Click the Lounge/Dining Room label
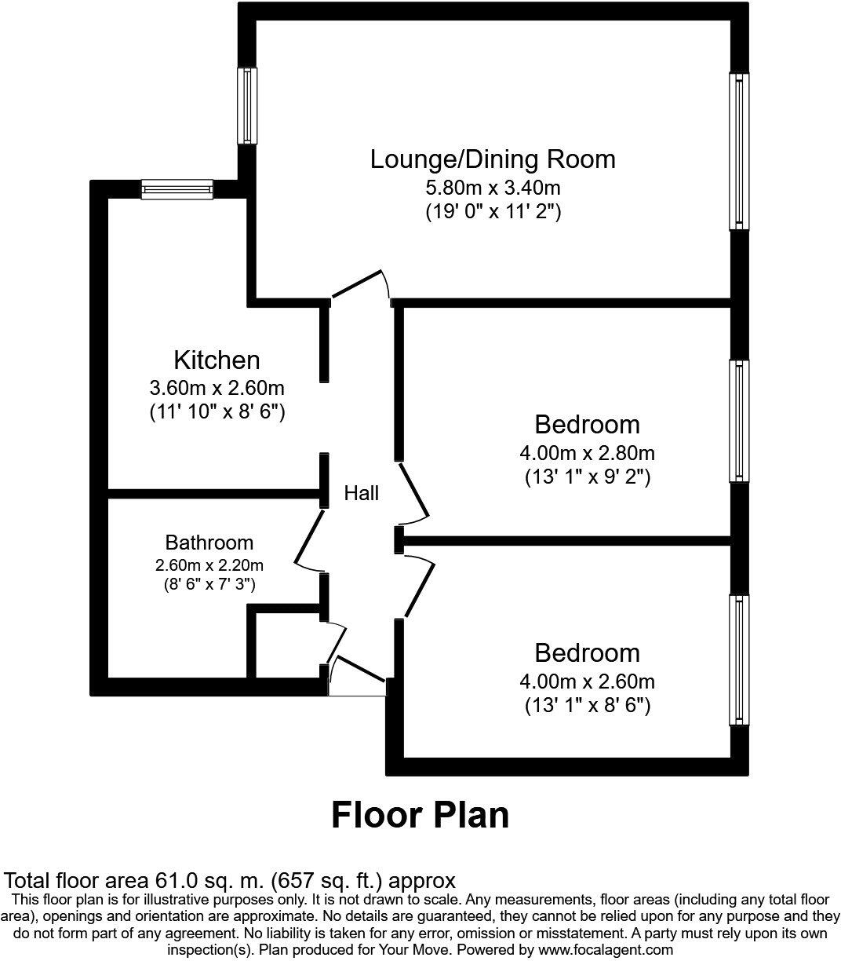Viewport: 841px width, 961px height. pyautogui.click(x=493, y=159)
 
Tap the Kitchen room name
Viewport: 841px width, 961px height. pyautogui.click(x=217, y=360)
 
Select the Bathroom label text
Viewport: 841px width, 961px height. pyautogui.click(x=209, y=543)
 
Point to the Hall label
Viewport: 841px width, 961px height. pyautogui.click(x=362, y=493)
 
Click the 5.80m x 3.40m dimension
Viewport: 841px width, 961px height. pyautogui.click(x=493, y=188)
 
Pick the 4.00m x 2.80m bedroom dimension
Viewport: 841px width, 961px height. pyautogui.click(x=587, y=453)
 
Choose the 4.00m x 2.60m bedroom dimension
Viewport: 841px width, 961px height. pyautogui.click(x=587, y=681)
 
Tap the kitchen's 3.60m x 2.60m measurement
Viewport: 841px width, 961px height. pyautogui.click(x=217, y=388)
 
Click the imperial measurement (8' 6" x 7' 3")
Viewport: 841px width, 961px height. pyautogui.click(x=209, y=583)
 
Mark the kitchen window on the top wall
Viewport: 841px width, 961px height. pyautogui.click(x=177, y=188)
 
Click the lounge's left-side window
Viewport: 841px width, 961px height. pyautogui.click(x=247, y=105)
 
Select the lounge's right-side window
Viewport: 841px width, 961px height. pyautogui.click(x=738, y=152)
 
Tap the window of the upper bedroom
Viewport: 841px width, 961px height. pyautogui.click(x=738, y=421)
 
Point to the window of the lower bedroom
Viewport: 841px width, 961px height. pyautogui.click(x=738, y=660)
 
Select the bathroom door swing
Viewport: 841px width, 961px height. pyautogui.click(x=308, y=538)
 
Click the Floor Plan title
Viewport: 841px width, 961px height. pyautogui.click(x=420, y=815)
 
